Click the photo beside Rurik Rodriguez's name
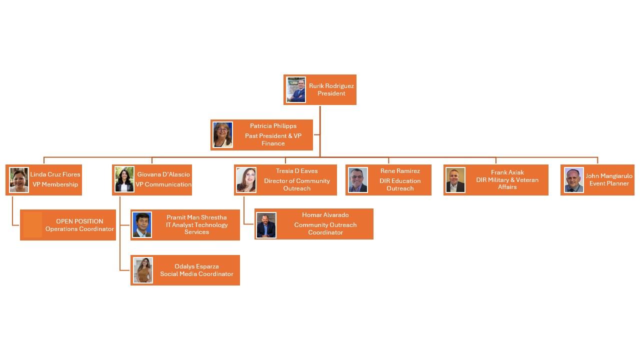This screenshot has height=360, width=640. [x=296, y=89]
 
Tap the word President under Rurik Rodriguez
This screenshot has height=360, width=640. [x=331, y=93]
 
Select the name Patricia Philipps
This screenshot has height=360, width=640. [x=273, y=126]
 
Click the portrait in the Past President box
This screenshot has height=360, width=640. [x=223, y=135]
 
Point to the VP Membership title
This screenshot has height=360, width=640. [x=55, y=184]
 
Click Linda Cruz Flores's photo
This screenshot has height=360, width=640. [x=19, y=180]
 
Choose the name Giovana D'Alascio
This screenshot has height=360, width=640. [x=163, y=174]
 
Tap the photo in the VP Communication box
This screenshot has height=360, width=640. [x=124, y=179]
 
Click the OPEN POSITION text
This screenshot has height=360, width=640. [x=79, y=221]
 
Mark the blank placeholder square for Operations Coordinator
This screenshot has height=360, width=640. [x=32, y=224]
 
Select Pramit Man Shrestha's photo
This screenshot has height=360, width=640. [x=142, y=225]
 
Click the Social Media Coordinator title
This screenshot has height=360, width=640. [x=196, y=274]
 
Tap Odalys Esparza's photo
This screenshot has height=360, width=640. [x=143, y=270]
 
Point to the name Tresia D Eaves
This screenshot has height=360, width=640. [x=297, y=171]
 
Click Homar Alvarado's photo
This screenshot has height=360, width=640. [x=266, y=225]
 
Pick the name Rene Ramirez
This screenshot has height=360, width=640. [x=400, y=171]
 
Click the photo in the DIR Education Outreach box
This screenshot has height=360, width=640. [x=358, y=180]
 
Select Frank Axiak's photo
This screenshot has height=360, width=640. [x=455, y=180]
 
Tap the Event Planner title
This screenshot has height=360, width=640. [x=609, y=183]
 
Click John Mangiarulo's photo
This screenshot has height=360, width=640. [x=573, y=180]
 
